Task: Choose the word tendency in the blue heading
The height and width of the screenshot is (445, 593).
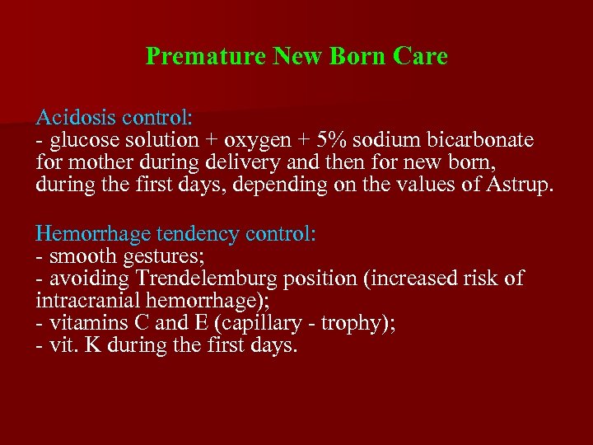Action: click(203, 234)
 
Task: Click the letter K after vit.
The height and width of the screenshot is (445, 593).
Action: click(90, 344)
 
